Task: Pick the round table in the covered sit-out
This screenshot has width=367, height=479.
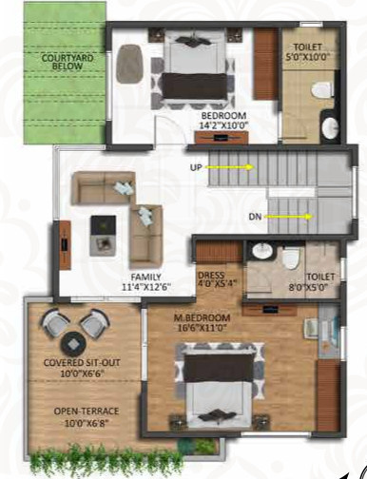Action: (74, 344)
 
